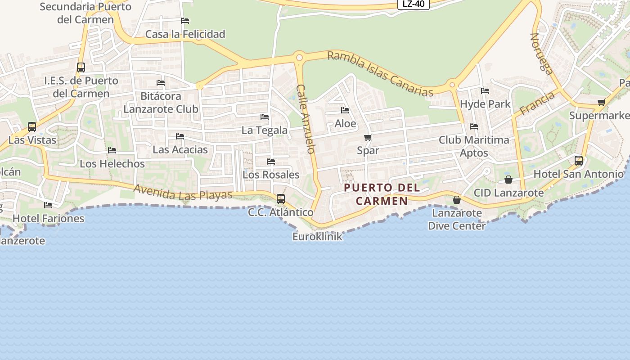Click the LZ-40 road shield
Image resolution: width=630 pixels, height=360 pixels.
coord(413,4)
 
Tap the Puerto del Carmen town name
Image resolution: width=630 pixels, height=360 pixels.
coord(382,194)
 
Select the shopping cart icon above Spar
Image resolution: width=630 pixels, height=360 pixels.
coord(368,137)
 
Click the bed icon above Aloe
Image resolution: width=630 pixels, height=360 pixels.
coord(345,110)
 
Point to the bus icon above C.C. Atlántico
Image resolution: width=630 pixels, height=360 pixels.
coord(281,198)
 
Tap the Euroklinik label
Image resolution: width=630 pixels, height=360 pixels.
coord(317,236)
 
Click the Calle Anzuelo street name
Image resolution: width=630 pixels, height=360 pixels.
coord(306,119)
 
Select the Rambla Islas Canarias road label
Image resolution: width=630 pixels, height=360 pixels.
coord(380,74)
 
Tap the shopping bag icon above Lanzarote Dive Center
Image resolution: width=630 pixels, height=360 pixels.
coord(456,200)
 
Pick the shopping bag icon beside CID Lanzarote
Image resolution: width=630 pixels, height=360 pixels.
coord(508,180)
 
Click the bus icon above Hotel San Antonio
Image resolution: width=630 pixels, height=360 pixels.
coord(579,160)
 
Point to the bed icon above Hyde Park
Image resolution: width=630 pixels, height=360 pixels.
coord(485,91)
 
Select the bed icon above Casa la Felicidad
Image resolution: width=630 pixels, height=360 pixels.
coord(185,21)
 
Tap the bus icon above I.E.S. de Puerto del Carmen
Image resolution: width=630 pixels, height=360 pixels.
coord(81,67)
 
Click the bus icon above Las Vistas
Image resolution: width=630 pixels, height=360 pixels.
coord(31,127)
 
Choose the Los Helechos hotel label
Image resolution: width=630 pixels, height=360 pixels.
coord(112,164)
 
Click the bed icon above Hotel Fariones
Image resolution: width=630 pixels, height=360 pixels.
coord(48,205)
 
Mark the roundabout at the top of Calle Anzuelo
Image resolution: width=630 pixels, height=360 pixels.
coord(298,58)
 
